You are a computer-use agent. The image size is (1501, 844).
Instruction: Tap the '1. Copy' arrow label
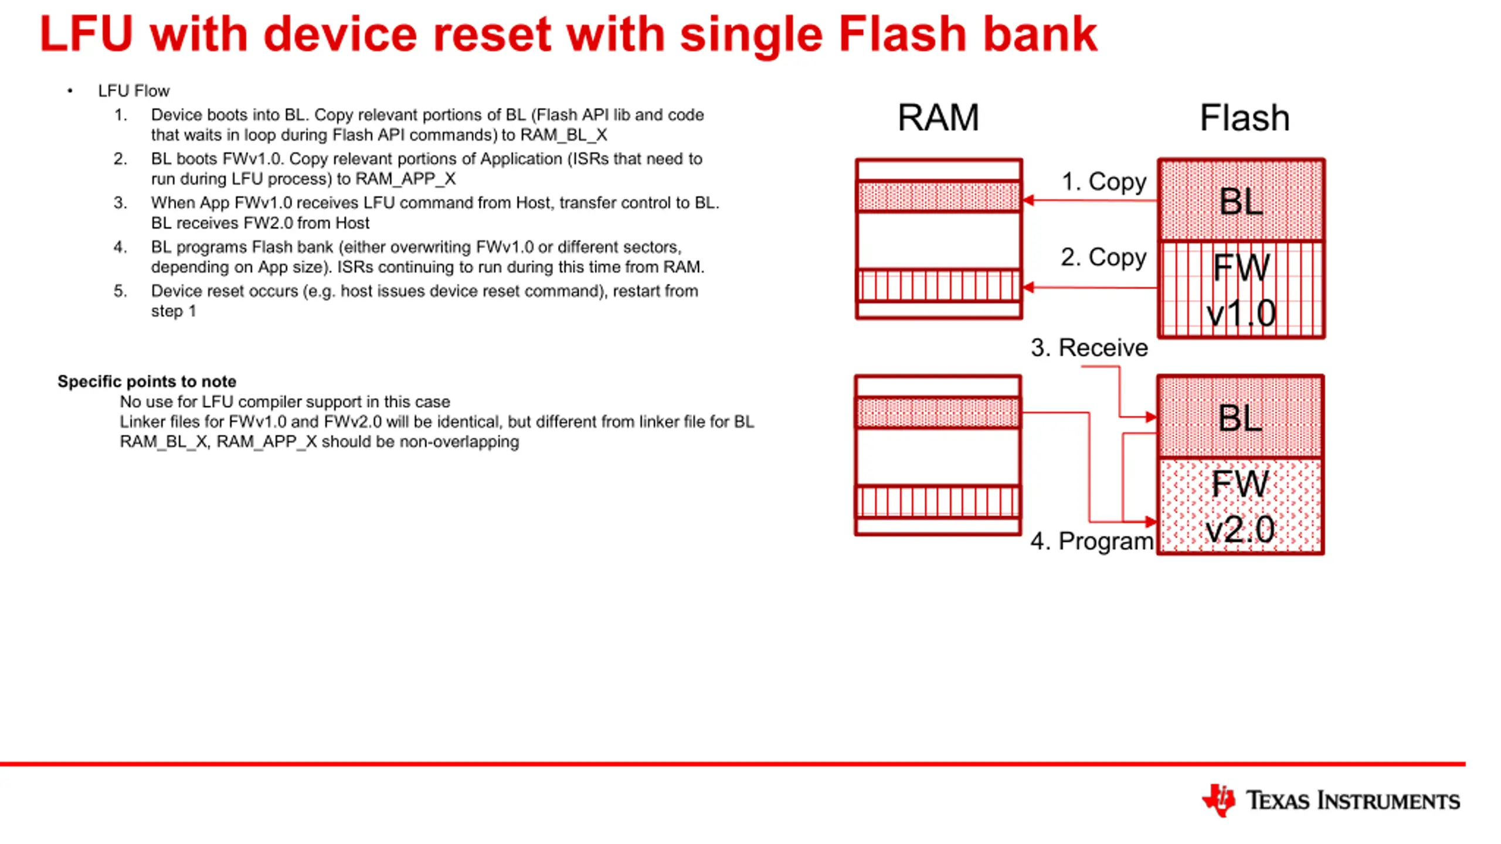tap(1104, 182)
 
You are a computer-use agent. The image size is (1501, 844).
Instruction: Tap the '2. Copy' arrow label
tap(1103, 257)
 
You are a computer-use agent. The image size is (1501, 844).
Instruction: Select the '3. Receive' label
tap(1089, 348)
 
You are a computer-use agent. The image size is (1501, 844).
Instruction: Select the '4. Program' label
tap(1092, 541)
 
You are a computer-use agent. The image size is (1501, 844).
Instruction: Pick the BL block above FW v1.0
tap(1241, 200)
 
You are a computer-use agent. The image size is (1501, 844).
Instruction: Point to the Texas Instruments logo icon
tap(1219, 800)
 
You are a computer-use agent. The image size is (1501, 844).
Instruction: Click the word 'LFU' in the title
tap(87, 34)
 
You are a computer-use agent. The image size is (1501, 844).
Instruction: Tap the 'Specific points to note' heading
tap(147, 382)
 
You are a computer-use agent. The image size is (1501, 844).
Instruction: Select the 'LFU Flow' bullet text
tap(134, 91)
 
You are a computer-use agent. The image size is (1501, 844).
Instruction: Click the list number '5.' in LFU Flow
tap(120, 291)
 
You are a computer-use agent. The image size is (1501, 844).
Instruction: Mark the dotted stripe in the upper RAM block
tap(939, 196)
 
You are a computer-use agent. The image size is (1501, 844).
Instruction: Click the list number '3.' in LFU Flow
tap(120, 203)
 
